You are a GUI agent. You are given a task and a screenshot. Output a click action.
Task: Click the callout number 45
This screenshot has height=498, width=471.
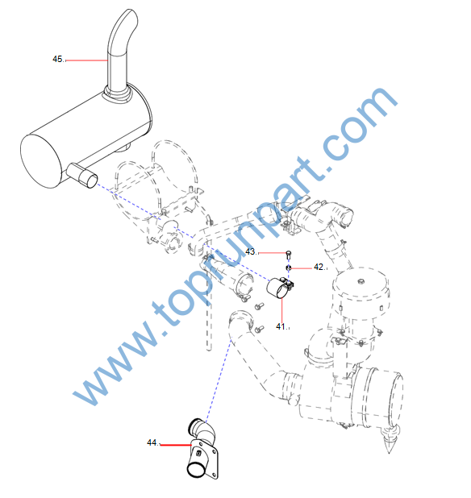(58, 59)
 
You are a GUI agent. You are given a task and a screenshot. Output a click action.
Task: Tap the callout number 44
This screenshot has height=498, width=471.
(152, 442)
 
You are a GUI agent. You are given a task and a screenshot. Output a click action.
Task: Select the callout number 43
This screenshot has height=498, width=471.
(251, 251)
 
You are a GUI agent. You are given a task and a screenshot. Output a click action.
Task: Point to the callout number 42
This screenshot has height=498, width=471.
(319, 267)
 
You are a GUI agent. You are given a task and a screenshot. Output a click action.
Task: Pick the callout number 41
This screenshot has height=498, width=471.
(281, 326)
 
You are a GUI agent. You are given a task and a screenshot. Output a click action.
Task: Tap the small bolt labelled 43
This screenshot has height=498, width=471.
(289, 255)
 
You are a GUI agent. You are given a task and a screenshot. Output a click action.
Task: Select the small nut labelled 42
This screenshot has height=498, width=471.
(289, 268)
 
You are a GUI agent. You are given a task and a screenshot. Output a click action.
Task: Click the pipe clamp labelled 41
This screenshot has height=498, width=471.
(279, 288)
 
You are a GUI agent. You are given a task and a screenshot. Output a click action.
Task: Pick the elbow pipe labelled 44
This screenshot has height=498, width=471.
(203, 449)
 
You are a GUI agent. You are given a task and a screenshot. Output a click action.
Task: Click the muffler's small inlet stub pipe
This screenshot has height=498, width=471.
(82, 175)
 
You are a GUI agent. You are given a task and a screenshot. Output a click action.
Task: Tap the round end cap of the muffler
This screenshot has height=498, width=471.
(41, 161)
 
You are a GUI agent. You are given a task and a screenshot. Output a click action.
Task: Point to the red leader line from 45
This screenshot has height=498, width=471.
(86, 60)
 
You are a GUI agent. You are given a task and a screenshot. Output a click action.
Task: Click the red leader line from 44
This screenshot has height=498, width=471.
(176, 445)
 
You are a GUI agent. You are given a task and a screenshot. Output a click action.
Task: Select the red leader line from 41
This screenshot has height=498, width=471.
(282, 310)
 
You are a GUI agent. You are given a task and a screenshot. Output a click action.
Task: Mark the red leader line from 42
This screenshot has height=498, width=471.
(302, 268)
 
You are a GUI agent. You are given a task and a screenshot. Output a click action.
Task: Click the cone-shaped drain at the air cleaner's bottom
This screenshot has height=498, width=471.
(390, 440)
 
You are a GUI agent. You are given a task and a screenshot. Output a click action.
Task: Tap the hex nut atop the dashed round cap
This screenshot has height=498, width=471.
(361, 281)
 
